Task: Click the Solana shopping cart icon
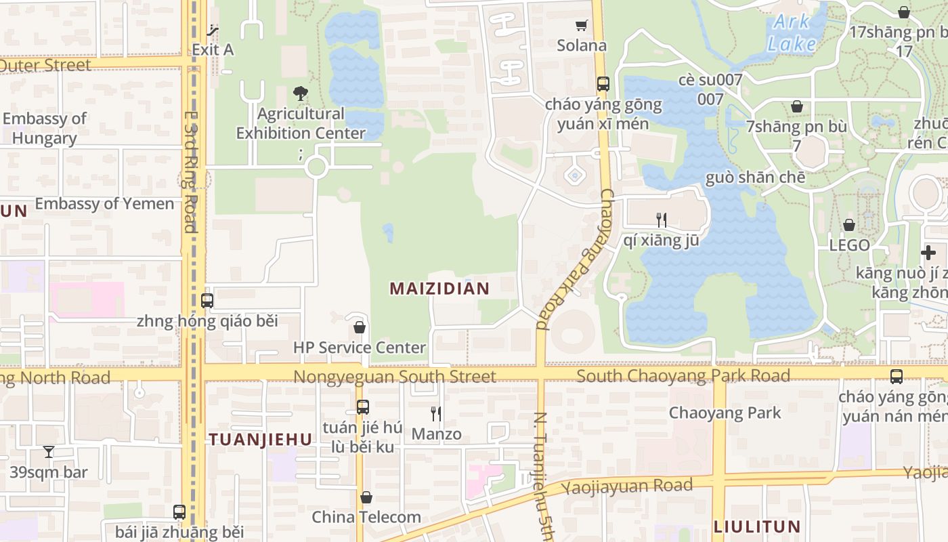(x=581, y=26)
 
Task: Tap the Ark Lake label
(x=792, y=33)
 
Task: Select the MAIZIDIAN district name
(x=439, y=289)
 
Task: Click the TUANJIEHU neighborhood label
(x=261, y=440)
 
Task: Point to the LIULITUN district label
(x=757, y=526)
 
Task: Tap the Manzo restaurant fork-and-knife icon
(x=436, y=413)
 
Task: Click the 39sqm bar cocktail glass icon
(x=49, y=451)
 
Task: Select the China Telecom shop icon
(x=366, y=498)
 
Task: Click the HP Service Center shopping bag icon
(x=360, y=328)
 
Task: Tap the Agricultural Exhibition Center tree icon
(x=301, y=93)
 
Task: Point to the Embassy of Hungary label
(x=45, y=128)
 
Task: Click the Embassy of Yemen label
(x=104, y=204)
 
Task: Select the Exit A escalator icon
(x=213, y=30)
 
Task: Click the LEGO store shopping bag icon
(x=849, y=225)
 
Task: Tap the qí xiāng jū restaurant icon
(x=662, y=220)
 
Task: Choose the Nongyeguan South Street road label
(x=395, y=377)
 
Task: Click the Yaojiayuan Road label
(x=627, y=486)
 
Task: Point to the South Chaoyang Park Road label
(x=683, y=376)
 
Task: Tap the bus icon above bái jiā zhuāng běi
(x=179, y=512)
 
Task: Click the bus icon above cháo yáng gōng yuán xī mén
(x=603, y=84)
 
